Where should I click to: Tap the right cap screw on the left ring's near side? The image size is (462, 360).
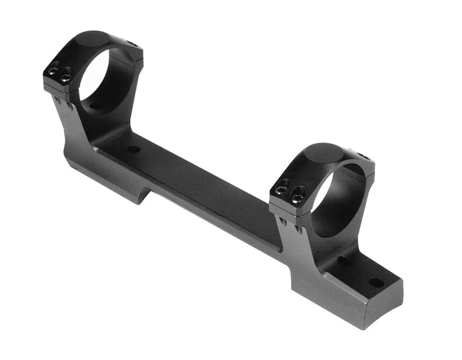point(65,78)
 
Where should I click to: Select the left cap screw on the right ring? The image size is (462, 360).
point(281,190)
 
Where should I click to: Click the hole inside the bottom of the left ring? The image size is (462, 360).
point(96,106)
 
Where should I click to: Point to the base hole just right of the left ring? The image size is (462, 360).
point(134,149)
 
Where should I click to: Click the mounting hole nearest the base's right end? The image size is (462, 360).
point(376,282)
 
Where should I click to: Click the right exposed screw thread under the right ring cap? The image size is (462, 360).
point(299,229)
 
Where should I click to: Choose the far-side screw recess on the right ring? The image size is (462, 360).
point(363,156)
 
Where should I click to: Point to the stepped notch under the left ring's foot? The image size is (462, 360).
point(147,195)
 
